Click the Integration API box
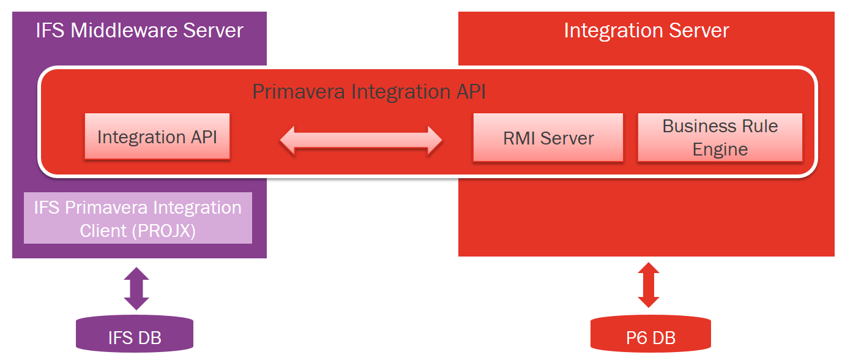(157, 137)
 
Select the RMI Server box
(548, 138)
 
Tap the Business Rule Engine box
(720, 138)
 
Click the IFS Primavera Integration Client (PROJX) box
(138, 219)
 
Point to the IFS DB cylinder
(135, 335)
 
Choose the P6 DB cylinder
(650, 336)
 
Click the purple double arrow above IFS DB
(136, 288)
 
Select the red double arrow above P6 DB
(649, 285)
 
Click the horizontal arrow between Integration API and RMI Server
(361, 140)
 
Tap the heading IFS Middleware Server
(140, 31)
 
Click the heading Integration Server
(646, 31)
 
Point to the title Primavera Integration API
(369, 92)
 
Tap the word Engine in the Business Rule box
(720, 149)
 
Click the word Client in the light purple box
(101, 231)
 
